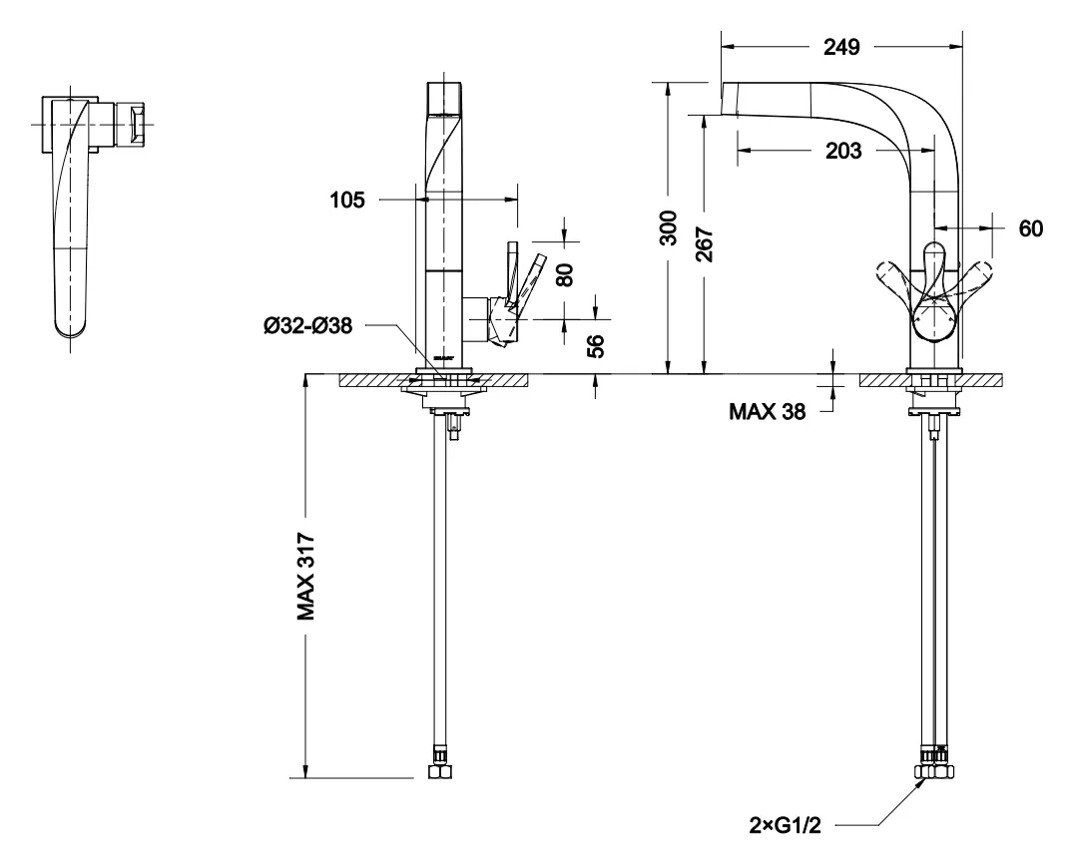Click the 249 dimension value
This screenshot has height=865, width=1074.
point(841,47)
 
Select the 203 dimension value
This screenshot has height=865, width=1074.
point(843,150)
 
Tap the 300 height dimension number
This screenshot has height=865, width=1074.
point(669,228)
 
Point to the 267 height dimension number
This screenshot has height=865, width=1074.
point(704,244)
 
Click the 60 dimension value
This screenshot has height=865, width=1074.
point(1030,228)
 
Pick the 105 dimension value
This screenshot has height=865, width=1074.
point(347,200)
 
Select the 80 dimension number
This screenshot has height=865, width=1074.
point(566,274)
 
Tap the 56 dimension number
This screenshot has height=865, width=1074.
point(596,346)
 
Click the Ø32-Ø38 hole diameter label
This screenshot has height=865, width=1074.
point(307,325)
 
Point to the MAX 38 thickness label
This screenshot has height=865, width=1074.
point(768,411)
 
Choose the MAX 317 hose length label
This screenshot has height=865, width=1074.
point(305,576)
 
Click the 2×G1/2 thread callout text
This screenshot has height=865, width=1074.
point(785,826)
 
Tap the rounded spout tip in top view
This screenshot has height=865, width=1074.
point(71,329)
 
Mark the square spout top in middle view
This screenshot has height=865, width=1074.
point(444,100)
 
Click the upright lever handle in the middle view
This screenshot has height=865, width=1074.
point(512,274)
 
